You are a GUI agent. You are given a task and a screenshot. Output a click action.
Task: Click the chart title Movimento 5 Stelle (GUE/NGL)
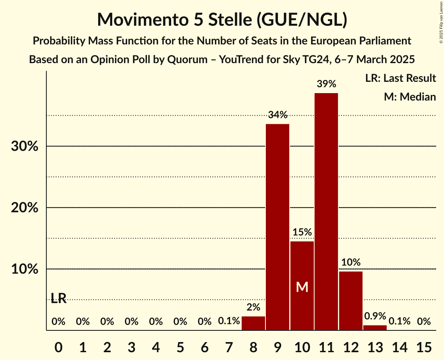(x=222, y=19)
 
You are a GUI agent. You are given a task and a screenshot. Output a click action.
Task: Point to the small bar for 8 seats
(x=253, y=323)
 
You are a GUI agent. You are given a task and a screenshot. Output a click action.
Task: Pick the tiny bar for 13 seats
(x=375, y=328)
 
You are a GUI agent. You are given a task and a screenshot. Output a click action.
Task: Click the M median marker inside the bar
(x=302, y=287)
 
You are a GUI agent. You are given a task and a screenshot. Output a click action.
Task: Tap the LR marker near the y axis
(x=58, y=298)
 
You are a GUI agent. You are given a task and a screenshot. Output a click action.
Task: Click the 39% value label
(x=326, y=84)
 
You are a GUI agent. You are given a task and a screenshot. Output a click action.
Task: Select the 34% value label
(x=278, y=115)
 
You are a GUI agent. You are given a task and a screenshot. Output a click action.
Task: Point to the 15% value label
(x=302, y=232)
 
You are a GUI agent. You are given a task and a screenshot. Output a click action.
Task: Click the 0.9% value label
(x=375, y=316)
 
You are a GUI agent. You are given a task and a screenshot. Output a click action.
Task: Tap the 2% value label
(x=253, y=307)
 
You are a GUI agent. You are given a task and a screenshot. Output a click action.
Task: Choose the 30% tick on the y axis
(x=24, y=146)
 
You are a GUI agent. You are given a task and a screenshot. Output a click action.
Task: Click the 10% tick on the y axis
(x=24, y=269)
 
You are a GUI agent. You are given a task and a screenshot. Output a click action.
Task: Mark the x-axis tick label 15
(x=424, y=346)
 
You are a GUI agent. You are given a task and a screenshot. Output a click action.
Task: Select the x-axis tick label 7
(x=229, y=346)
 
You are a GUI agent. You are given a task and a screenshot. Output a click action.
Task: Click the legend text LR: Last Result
(x=400, y=78)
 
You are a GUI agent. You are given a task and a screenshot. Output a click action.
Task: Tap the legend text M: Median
(x=410, y=97)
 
